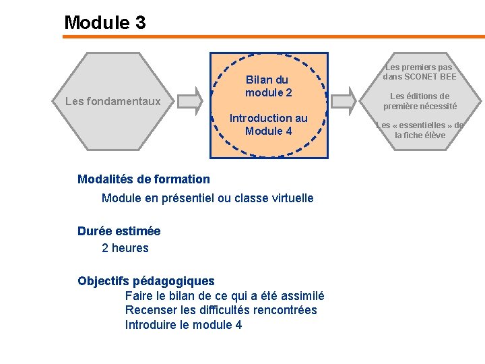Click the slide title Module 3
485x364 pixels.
pyautogui.click(x=104, y=22)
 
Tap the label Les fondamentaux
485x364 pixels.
pyautogui.click(x=112, y=102)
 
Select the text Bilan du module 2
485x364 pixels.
pyautogui.click(x=268, y=86)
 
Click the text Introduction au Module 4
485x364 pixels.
pyautogui.click(x=268, y=124)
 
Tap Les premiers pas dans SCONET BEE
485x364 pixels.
pyautogui.click(x=420, y=71)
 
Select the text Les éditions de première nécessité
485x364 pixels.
pyautogui.click(x=420, y=101)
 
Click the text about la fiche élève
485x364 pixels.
pyautogui.click(x=420, y=130)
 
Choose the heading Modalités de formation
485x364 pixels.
pyautogui.click(x=143, y=179)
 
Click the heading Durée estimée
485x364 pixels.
pyautogui.click(x=119, y=231)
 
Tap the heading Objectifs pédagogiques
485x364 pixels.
pyautogui.click(x=145, y=281)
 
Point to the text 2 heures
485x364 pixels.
pyautogui.click(x=125, y=248)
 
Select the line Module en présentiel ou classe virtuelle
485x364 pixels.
pyautogui.click(x=207, y=198)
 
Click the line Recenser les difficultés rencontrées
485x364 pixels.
pyautogui.click(x=221, y=310)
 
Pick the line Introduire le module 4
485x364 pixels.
pyautogui.click(x=183, y=325)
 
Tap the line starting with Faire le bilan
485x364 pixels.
pyautogui.click(x=224, y=295)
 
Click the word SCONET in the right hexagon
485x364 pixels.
pyautogui.click(x=422, y=77)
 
